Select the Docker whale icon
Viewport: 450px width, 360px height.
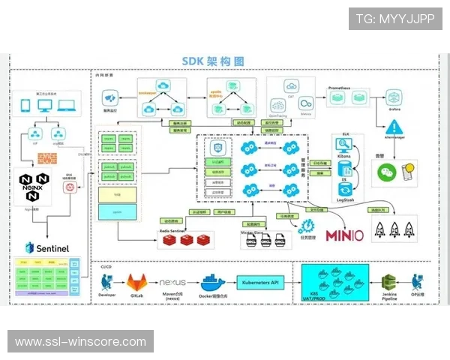pos(212,283)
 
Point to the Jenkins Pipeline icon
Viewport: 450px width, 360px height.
pos(389,283)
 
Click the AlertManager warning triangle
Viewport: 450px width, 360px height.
pos(396,126)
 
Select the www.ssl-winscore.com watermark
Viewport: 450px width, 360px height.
pos(81,341)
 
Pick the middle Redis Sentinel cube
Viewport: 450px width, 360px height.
pos(185,239)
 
